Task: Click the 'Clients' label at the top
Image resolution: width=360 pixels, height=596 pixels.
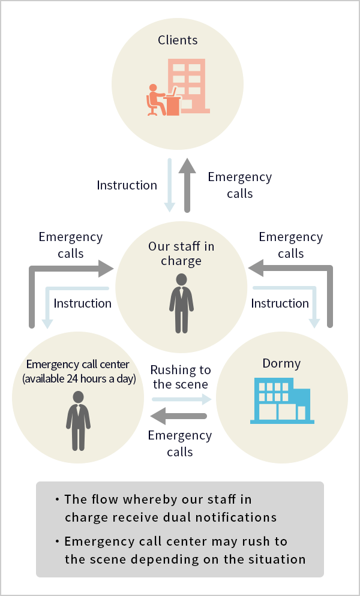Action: tap(178, 40)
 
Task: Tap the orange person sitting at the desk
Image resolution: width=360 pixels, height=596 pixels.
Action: tap(156, 100)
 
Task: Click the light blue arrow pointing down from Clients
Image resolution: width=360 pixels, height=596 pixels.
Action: tap(169, 185)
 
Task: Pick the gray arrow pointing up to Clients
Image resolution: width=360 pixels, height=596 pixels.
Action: tap(187, 185)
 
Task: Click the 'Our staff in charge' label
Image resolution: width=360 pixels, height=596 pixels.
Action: tap(181, 253)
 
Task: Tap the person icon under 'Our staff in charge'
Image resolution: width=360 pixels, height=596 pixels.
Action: tap(182, 303)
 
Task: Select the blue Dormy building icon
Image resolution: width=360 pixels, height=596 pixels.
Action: tap(282, 401)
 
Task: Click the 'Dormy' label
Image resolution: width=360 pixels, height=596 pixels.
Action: tap(281, 363)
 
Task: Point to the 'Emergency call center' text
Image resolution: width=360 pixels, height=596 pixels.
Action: tap(77, 364)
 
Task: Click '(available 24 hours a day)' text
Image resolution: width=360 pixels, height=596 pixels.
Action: tap(79, 379)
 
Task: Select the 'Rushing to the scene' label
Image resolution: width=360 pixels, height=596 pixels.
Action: tap(181, 377)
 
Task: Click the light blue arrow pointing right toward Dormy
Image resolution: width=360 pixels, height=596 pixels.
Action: tap(182, 399)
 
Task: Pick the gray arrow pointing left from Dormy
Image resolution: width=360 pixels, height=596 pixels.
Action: tap(178, 416)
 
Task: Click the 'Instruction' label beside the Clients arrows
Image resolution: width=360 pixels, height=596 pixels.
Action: tap(127, 185)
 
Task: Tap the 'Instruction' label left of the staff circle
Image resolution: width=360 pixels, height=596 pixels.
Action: tap(82, 303)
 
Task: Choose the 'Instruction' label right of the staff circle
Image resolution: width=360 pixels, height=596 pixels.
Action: tap(280, 303)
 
